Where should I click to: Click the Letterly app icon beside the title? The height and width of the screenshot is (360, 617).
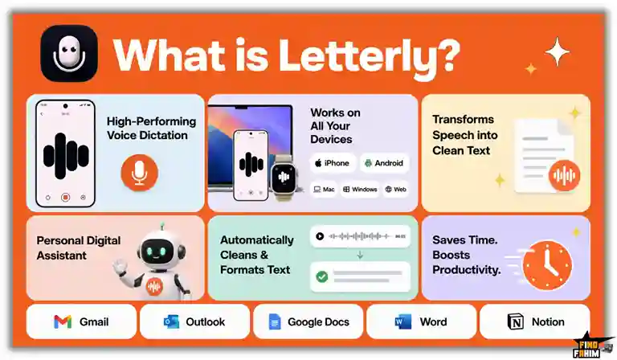[69, 53]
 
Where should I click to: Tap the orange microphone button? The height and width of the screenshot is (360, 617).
[139, 173]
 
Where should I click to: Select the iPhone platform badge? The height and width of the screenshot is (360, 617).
[333, 163]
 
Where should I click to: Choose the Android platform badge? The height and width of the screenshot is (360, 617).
[384, 163]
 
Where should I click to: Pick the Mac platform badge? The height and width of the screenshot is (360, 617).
[324, 190]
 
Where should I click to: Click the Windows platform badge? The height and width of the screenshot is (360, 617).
[360, 190]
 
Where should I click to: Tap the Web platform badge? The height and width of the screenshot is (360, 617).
[396, 190]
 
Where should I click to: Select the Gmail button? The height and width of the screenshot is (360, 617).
[81, 321]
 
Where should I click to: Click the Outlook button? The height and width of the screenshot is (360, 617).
[194, 321]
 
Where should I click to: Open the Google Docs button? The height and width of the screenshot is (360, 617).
[308, 321]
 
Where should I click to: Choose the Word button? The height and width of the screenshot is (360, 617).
[422, 321]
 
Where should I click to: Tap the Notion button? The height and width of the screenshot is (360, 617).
[535, 321]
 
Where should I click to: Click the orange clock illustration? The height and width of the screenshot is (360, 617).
[547, 265]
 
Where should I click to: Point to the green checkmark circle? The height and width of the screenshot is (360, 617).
[322, 276]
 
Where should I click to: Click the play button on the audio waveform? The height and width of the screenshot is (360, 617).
[320, 236]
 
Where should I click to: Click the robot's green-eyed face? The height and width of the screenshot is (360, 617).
[157, 251]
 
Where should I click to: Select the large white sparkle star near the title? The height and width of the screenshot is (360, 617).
[558, 51]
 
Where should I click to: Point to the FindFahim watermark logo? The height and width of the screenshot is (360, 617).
[592, 346]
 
